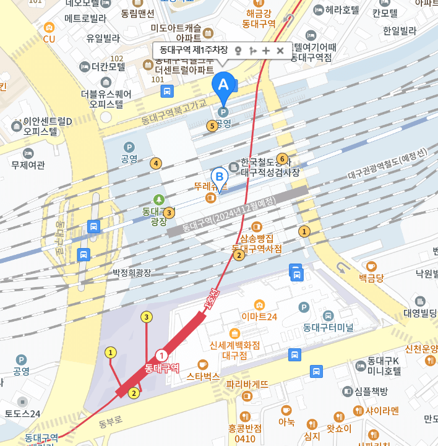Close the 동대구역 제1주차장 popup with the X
(x=280, y=50)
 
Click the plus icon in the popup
(x=266, y=50)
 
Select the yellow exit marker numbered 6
(x=282, y=158)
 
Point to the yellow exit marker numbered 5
(x=212, y=126)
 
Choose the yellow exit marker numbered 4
(x=156, y=163)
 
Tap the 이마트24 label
(x=259, y=317)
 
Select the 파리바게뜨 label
(x=247, y=384)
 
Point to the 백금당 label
(x=371, y=278)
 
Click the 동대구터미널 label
(x=327, y=326)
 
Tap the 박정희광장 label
(x=132, y=272)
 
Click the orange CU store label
(x=49, y=38)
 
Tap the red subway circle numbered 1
(x=161, y=355)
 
